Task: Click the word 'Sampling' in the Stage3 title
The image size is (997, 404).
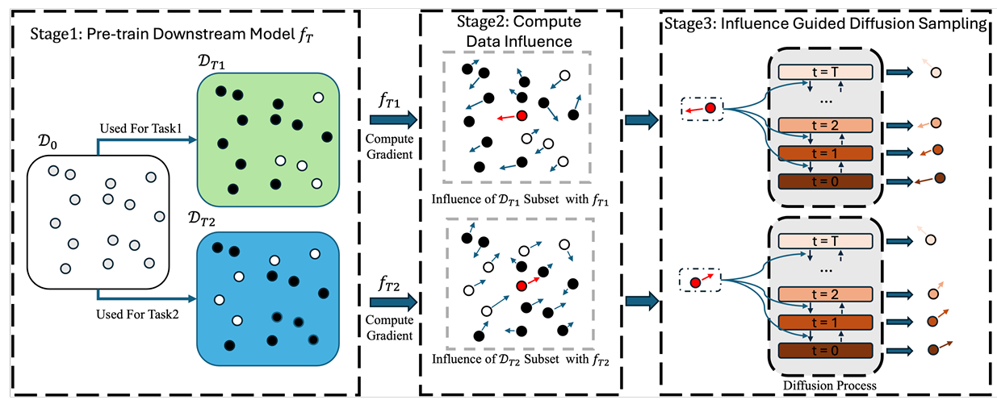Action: pyautogui.click(x=959, y=24)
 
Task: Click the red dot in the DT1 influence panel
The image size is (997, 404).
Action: pyautogui.click(x=522, y=115)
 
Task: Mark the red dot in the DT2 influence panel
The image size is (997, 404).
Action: pyautogui.click(x=523, y=285)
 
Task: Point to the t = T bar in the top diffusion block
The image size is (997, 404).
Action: pyautogui.click(x=825, y=72)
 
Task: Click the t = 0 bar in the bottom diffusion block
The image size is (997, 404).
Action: pyautogui.click(x=825, y=349)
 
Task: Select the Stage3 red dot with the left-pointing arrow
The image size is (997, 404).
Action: pyautogui.click(x=710, y=107)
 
